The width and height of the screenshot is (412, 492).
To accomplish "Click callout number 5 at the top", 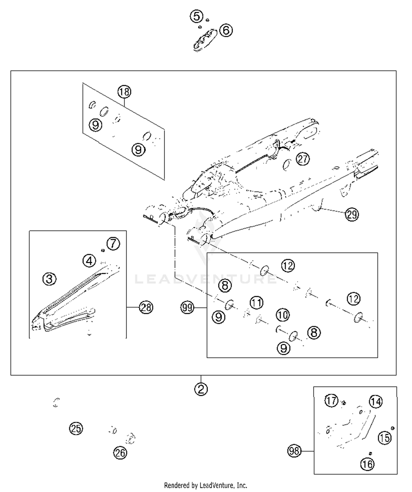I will pyautogui.click(x=196, y=16).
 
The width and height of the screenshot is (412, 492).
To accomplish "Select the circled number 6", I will pyautogui.click(x=226, y=30).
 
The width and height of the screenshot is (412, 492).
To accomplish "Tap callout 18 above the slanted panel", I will pyautogui.click(x=124, y=92).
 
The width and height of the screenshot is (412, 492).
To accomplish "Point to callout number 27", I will pyautogui.click(x=302, y=159).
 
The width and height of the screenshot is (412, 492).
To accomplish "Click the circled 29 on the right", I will pyautogui.click(x=352, y=214).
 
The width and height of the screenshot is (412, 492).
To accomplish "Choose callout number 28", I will pyautogui.click(x=146, y=307).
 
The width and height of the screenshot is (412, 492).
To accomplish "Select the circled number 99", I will pyautogui.click(x=187, y=308).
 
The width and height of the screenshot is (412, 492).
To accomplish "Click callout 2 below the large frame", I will pyautogui.click(x=201, y=389).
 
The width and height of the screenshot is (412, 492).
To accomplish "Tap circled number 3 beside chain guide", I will pyautogui.click(x=49, y=279).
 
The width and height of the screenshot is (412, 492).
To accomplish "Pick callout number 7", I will pyautogui.click(x=113, y=243).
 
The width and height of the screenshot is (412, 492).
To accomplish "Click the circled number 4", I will pyautogui.click(x=89, y=261).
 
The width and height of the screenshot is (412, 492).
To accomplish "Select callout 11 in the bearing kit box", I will pyautogui.click(x=256, y=303).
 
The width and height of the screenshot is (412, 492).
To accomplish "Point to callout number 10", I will pyautogui.click(x=283, y=315).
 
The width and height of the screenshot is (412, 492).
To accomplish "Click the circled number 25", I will pyautogui.click(x=76, y=428).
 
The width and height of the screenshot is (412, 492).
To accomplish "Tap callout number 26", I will pyautogui.click(x=120, y=453).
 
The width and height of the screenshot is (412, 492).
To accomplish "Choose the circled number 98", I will pyautogui.click(x=294, y=451).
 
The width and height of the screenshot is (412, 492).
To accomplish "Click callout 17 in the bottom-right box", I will pyautogui.click(x=331, y=401).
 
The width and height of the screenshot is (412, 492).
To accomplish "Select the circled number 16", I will pyautogui.click(x=367, y=464).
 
